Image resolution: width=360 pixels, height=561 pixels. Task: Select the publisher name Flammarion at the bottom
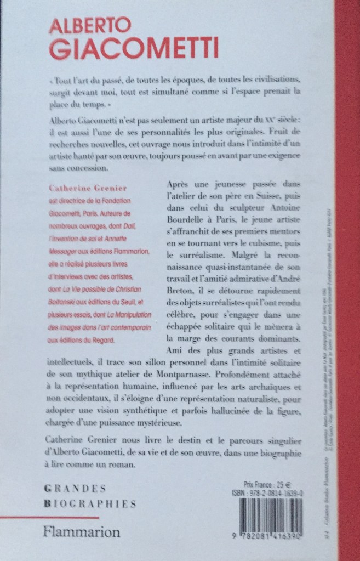pos(83,532)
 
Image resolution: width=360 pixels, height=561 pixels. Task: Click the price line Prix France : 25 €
pos(272,484)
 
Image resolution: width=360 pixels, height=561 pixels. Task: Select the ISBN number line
pos(279,493)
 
